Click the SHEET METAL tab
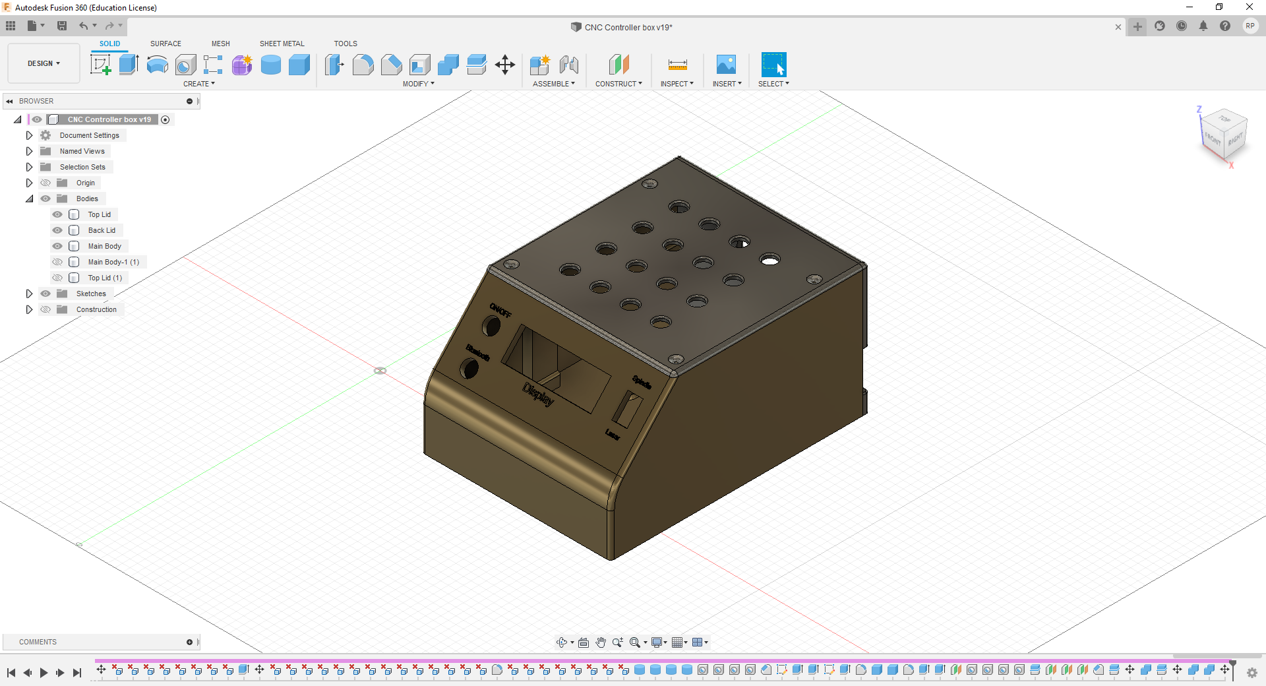(x=282, y=44)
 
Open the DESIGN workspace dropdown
(x=44, y=63)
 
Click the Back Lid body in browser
(x=102, y=230)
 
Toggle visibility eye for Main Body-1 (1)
(x=57, y=262)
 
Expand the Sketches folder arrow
(x=29, y=294)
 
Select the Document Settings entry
(x=89, y=135)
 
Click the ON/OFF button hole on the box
(x=491, y=325)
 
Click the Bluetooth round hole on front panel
(x=469, y=368)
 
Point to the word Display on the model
(x=538, y=394)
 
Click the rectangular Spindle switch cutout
(x=627, y=410)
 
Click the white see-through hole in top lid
(x=769, y=260)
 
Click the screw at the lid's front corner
(x=676, y=359)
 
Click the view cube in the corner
(x=1224, y=135)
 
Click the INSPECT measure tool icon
(x=677, y=65)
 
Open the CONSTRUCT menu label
(x=618, y=84)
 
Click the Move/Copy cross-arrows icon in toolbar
(x=505, y=65)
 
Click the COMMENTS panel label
(x=38, y=642)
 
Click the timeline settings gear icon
(x=1251, y=672)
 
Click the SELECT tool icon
(x=773, y=65)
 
